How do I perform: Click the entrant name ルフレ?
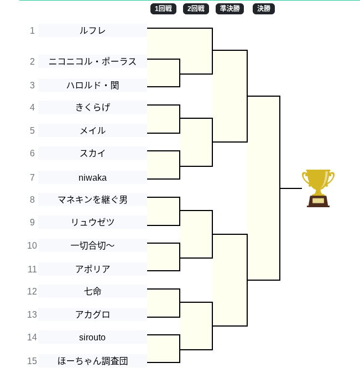tap(92, 30)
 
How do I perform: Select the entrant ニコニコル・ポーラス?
tap(92, 61)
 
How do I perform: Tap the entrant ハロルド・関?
tap(92, 85)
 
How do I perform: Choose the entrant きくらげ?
tap(92, 107)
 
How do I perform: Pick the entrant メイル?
tap(92, 130)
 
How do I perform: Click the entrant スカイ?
tap(92, 153)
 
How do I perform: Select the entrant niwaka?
tap(92, 177)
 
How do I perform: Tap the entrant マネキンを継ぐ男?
tap(92, 199)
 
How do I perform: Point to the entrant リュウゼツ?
tap(92, 222)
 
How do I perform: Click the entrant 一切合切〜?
tap(92, 245)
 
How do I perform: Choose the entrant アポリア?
tap(92, 269)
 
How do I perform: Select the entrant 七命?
tap(92, 291)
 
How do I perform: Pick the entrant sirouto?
tap(92, 337)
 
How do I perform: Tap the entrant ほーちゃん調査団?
tap(92, 361)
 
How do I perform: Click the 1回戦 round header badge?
tap(163, 8)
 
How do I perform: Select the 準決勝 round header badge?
tap(229, 8)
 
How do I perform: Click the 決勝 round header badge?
tap(263, 8)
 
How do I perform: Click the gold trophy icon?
tap(318, 188)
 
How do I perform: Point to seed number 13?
tap(32, 314)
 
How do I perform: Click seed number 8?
tap(32, 199)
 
